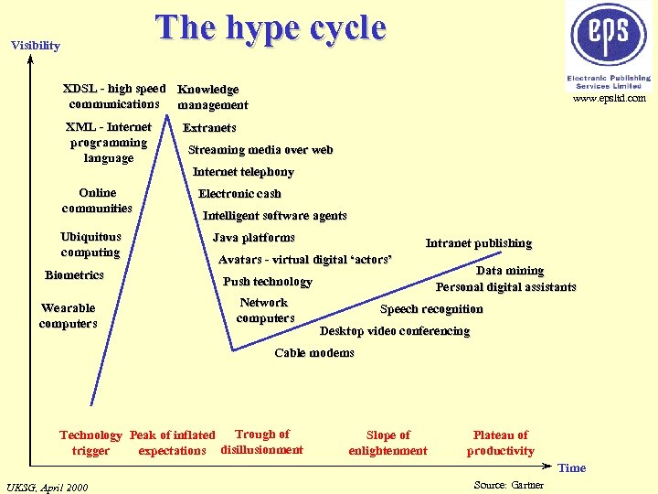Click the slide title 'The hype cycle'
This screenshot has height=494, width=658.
pos(271,28)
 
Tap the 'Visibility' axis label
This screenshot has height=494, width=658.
pos(36,46)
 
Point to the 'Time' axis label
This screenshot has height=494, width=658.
pos(571,468)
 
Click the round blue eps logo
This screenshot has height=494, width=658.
pos(609,35)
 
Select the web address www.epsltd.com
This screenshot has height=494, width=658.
pos(610,98)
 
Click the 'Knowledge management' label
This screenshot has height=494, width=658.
pos(212,97)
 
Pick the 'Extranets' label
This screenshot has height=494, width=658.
pos(209,128)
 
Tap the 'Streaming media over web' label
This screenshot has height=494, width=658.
pos(260,150)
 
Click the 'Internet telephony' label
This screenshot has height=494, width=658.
pos(243,172)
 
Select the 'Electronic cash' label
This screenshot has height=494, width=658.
pos(239,194)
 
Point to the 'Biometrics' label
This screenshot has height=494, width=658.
pos(74,275)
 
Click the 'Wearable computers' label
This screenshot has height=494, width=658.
pos(68,316)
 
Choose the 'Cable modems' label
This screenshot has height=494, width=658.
pos(314,353)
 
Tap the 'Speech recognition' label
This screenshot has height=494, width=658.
pos(431,309)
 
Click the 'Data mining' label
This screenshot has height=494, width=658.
pos(510,271)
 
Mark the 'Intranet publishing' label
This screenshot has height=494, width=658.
pos(478,243)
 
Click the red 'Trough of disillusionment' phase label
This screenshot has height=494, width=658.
pos(261,442)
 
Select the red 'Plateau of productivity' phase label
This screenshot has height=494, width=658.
pos(501,443)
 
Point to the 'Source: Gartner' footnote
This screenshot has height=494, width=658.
pos(509,485)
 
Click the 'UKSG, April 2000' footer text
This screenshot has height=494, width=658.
pos(47,487)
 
